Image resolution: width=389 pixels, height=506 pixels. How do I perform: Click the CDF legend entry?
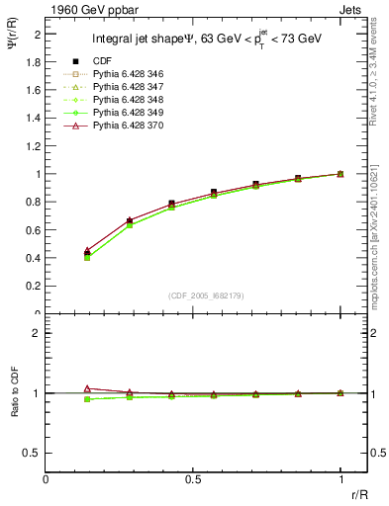point(103,60)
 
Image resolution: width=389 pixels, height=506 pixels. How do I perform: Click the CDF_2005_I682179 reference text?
point(193,295)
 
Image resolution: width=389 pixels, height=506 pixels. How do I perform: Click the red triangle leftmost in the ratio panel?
point(88,388)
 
